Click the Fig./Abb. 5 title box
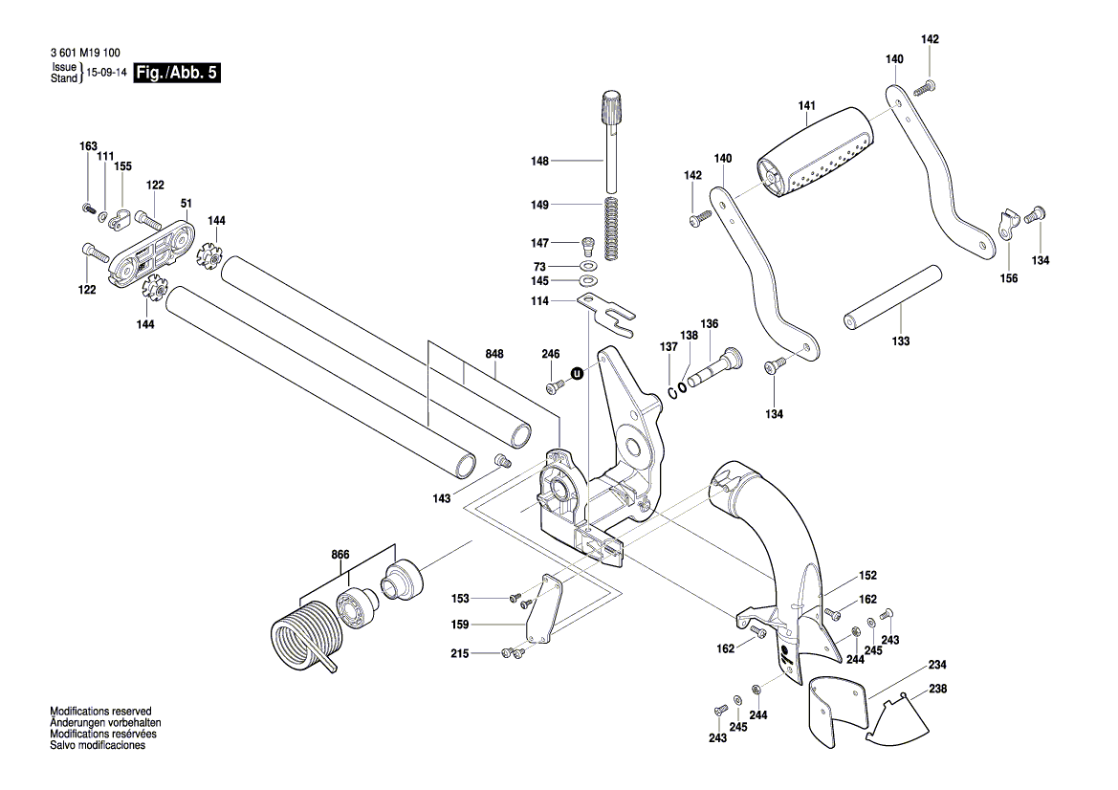click(177, 73)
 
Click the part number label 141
click(806, 108)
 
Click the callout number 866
click(341, 554)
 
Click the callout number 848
click(493, 353)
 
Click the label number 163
click(88, 146)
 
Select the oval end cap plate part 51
click(151, 251)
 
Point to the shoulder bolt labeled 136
click(717, 367)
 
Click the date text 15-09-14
click(107, 73)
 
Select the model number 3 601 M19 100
click(85, 54)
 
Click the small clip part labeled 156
click(1005, 225)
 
